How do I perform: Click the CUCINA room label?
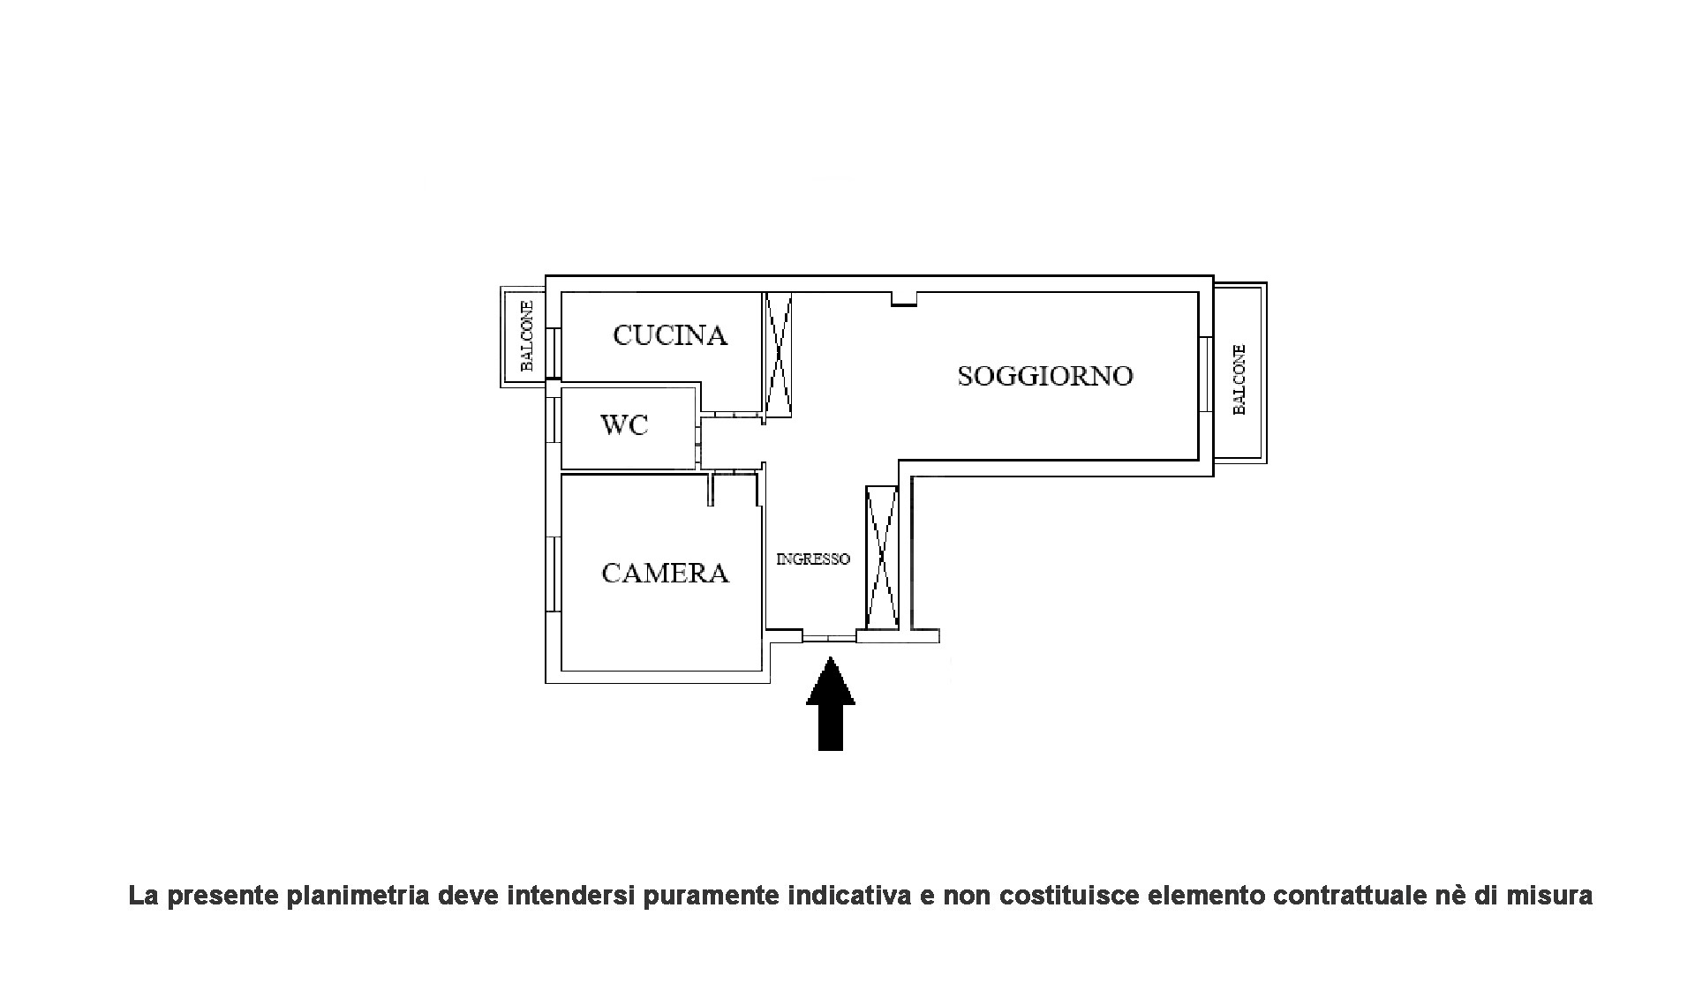point(670,335)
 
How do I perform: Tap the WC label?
point(624,425)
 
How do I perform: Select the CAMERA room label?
point(665,574)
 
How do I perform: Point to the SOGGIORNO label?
point(1044,376)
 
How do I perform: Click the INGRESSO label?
point(812,559)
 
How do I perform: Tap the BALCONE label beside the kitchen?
point(526,336)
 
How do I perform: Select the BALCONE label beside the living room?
point(1239,379)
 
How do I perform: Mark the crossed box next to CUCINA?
point(779,354)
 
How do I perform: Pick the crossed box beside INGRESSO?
point(881,557)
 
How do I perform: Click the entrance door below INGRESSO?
point(829,636)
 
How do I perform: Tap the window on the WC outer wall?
point(554,419)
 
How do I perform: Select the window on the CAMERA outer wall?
point(554,574)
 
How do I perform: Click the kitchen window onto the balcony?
point(554,353)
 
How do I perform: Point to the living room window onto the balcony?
point(1205,374)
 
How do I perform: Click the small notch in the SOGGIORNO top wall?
point(903,300)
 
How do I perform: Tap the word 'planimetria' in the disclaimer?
point(354,896)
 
